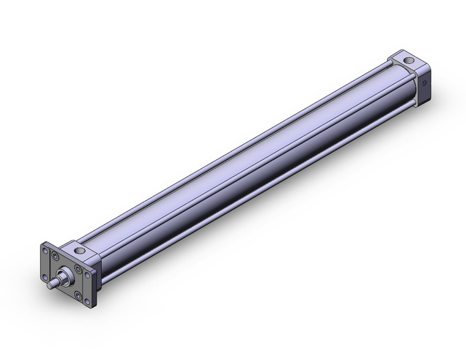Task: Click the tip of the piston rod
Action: pyautogui.click(x=49, y=285)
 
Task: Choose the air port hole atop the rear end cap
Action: pyautogui.click(x=409, y=60)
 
